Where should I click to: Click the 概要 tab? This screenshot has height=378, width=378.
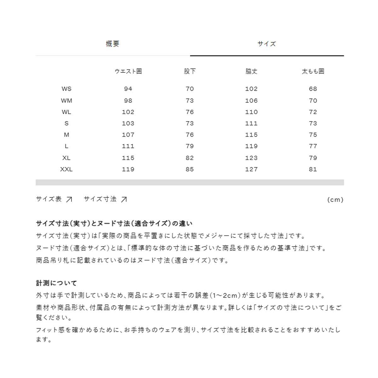[x=112, y=44]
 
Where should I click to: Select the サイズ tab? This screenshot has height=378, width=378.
[x=266, y=44]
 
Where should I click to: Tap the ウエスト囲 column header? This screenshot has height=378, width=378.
[x=128, y=71]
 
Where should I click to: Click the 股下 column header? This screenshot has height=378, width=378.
[x=190, y=71]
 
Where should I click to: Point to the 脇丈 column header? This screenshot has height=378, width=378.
[x=251, y=71]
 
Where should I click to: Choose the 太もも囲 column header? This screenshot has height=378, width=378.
[x=313, y=71]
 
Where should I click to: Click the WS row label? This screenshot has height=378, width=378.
[x=66, y=89]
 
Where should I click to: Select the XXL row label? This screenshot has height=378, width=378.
[x=66, y=169]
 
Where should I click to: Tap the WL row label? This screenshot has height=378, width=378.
[x=66, y=112]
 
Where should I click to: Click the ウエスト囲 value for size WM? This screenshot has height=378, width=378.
[x=128, y=100]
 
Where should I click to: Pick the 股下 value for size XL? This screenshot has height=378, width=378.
[x=190, y=158]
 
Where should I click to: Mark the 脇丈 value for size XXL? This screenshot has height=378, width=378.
[x=251, y=169]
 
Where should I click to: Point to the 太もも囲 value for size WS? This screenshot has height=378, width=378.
[x=313, y=89]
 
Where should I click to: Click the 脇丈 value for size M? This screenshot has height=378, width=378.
[x=251, y=135]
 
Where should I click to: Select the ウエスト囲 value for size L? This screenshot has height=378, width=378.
[x=128, y=146]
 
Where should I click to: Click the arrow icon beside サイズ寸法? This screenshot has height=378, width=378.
[x=124, y=199]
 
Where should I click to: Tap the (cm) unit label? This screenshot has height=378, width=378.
[x=335, y=200]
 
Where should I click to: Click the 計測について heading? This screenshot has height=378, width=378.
[x=56, y=283]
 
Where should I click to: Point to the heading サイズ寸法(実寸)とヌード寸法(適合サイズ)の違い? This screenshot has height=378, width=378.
[x=114, y=223]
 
